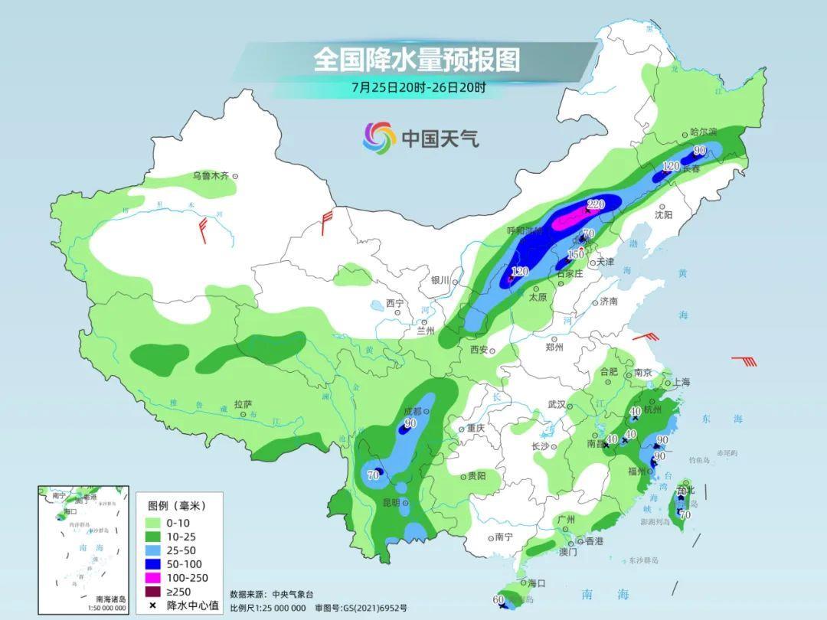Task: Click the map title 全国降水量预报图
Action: click(417, 59)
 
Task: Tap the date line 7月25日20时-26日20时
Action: click(418, 87)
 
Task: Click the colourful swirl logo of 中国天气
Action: click(379, 138)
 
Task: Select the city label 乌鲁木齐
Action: click(211, 176)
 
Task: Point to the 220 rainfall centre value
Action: click(596, 204)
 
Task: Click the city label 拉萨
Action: click(243, 403)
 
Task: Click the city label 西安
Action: click(479, 350)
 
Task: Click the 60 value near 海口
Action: click(498, 599)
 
